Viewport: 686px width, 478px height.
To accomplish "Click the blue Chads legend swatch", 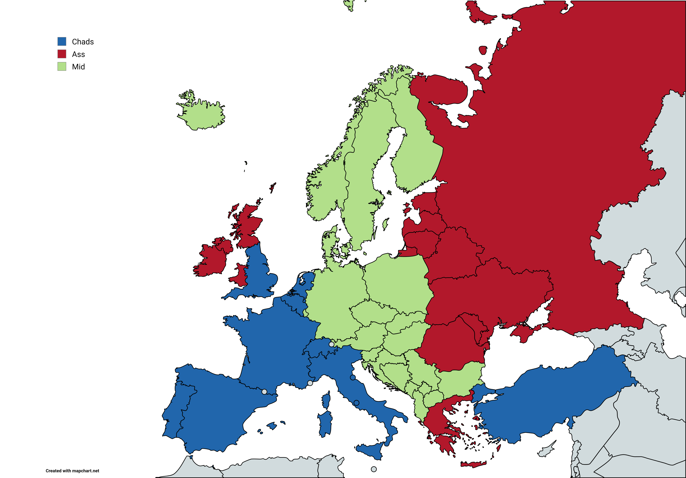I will pos(62,41).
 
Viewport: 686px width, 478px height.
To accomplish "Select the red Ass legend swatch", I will pos(62,54).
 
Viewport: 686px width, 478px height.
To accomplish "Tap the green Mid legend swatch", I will pos(62,66).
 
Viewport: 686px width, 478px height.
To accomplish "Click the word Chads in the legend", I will pos(83,42).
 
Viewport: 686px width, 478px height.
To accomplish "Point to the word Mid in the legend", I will pos(78,67).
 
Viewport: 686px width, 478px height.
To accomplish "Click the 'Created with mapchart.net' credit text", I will pos(72,471).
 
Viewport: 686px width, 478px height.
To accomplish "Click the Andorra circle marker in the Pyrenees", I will pos(264,392).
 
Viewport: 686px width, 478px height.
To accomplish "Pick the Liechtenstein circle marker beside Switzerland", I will pos(331,344).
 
